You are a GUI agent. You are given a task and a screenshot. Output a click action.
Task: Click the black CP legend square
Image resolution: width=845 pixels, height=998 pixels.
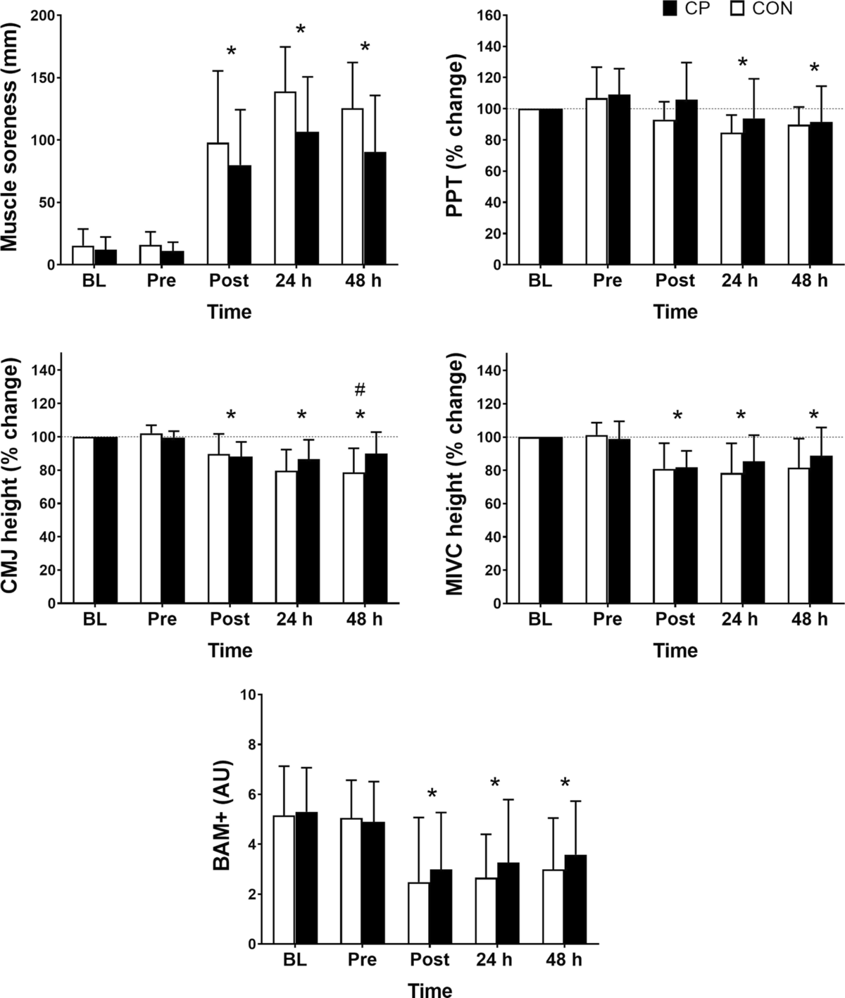(669, 8)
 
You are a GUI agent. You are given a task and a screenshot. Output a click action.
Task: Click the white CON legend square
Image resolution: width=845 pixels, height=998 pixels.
(737, 8)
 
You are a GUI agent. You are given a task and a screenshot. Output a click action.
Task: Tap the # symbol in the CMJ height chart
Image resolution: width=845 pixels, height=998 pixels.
(360, 389)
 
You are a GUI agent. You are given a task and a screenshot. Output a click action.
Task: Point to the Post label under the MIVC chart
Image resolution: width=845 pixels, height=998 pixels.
(675, 619)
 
